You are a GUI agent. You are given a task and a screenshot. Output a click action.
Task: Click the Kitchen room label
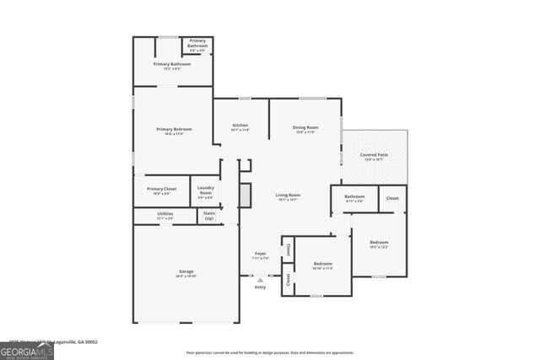point(240,126)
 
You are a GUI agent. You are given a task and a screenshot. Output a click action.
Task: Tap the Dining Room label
point(305,127)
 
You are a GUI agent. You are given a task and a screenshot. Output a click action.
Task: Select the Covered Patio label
point(374,155)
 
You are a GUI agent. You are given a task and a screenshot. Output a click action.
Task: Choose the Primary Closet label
point(161,189)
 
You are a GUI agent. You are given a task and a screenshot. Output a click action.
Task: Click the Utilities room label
point(165,214)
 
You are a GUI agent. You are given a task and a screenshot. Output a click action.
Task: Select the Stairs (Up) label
point(209,216)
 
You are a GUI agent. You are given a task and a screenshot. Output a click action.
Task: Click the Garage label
point(186,271)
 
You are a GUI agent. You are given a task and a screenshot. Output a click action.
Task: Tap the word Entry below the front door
point(260,287)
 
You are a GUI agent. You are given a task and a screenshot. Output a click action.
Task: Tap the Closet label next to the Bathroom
point(392,198)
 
